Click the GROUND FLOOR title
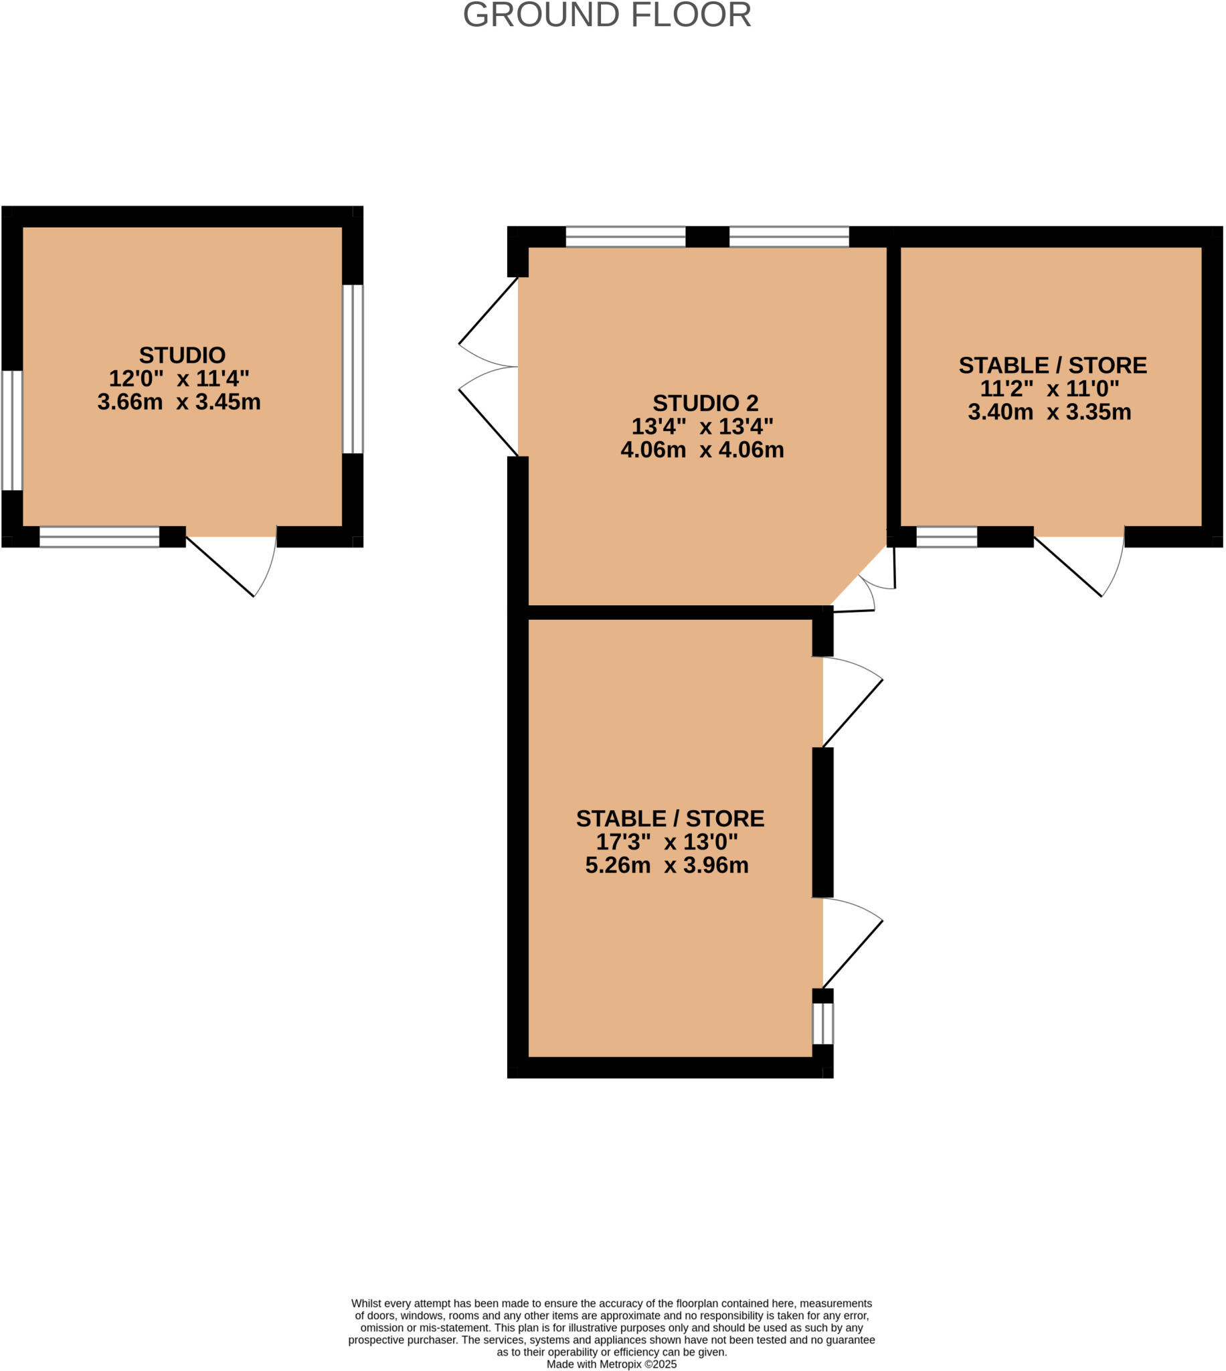tap(607, 15)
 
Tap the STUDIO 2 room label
tap(705, 403)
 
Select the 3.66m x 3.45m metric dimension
tap(179, 402)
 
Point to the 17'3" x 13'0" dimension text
tap(667, 841)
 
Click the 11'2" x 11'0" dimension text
tap(1049, 389)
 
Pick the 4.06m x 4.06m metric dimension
tap(702, 449)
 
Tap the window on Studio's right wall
tap(353, 370)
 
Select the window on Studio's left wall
tap(12, 430)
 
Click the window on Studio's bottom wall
tap(100, 537)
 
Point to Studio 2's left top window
tap(625, 237)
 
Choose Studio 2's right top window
tap(789, 237)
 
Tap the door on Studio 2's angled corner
tap(865, 583)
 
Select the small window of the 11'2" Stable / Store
tap(946, 537)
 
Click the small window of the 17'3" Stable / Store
tap(822, 1024)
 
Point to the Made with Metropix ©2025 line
tap(611, 1364)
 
